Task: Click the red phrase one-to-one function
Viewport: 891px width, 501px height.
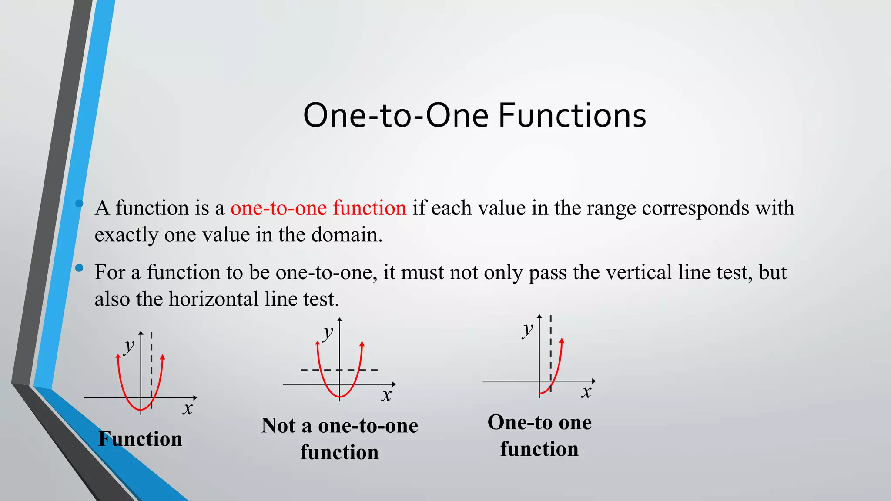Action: (x=318, y=208)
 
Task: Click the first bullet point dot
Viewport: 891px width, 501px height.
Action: (x=79, y=203)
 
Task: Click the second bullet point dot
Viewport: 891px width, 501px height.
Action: (x=79, y=268)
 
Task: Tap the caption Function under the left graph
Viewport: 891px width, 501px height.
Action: (x=140, y=439)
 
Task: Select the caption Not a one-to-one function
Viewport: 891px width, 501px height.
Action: (x=339, y=438)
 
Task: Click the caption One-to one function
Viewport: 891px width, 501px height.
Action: (x=539, y=435)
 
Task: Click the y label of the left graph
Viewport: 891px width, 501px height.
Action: (x=129, y=347)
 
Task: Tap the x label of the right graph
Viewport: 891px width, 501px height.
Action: (x=586, y=392)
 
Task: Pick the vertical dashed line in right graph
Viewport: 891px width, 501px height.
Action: (x=551, y=348)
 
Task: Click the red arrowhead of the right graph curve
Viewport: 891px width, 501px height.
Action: (x=562, y=341)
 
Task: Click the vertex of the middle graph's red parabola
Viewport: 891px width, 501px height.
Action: (x=340, y=397)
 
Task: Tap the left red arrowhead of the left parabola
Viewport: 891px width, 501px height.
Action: (x=118, y=357)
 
